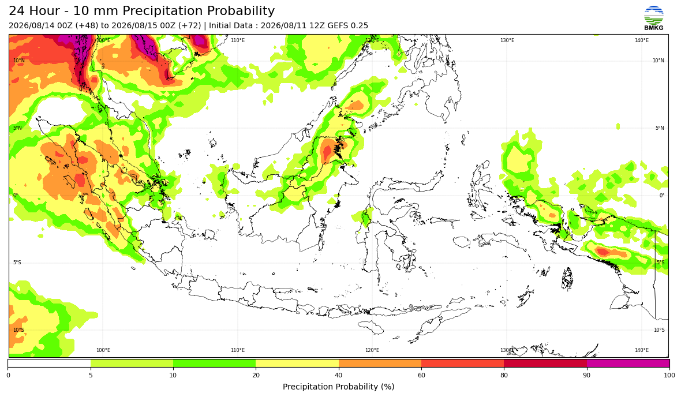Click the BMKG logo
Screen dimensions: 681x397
click(x=654, y=18)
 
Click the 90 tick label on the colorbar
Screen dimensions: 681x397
click(x=587, y=375)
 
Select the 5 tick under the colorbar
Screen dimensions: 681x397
click(x=91, y=375)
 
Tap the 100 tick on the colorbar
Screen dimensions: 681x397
click(x=669, y=375)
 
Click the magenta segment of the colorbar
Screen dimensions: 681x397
click(x=628, y=363)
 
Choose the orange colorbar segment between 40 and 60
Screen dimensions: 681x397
click(x=380, y=363)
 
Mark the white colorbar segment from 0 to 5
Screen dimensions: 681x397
click(x=49, y=363)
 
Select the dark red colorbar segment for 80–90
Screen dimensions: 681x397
click(x=545, y=363)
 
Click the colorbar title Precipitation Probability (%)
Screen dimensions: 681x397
click(x=338, y=387)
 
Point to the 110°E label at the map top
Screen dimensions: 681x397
click(x=238, y=40)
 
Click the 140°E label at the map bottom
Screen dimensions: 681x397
click(x=642, y=350)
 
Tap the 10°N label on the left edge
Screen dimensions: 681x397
click(x=18, y=61)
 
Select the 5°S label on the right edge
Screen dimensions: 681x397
click(x=660, y=263)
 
